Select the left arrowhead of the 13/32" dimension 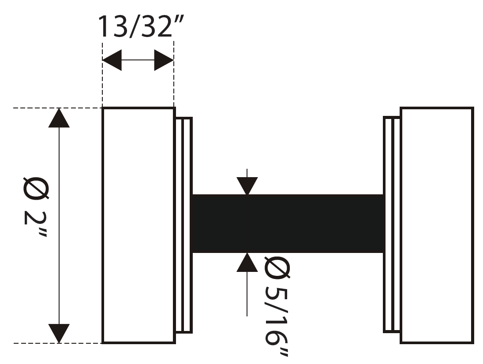[112, 60]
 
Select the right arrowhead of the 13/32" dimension [164, 60]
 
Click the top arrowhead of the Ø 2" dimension [59, 118]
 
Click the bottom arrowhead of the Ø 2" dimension [59, 333]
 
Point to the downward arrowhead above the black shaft [247, 186]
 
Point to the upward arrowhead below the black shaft [247, 263]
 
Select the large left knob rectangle [139, 225]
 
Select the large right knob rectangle [436, 225]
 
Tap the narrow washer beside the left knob [184, 225]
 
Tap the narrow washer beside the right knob [392, 225]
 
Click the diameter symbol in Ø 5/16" [277, 268]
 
